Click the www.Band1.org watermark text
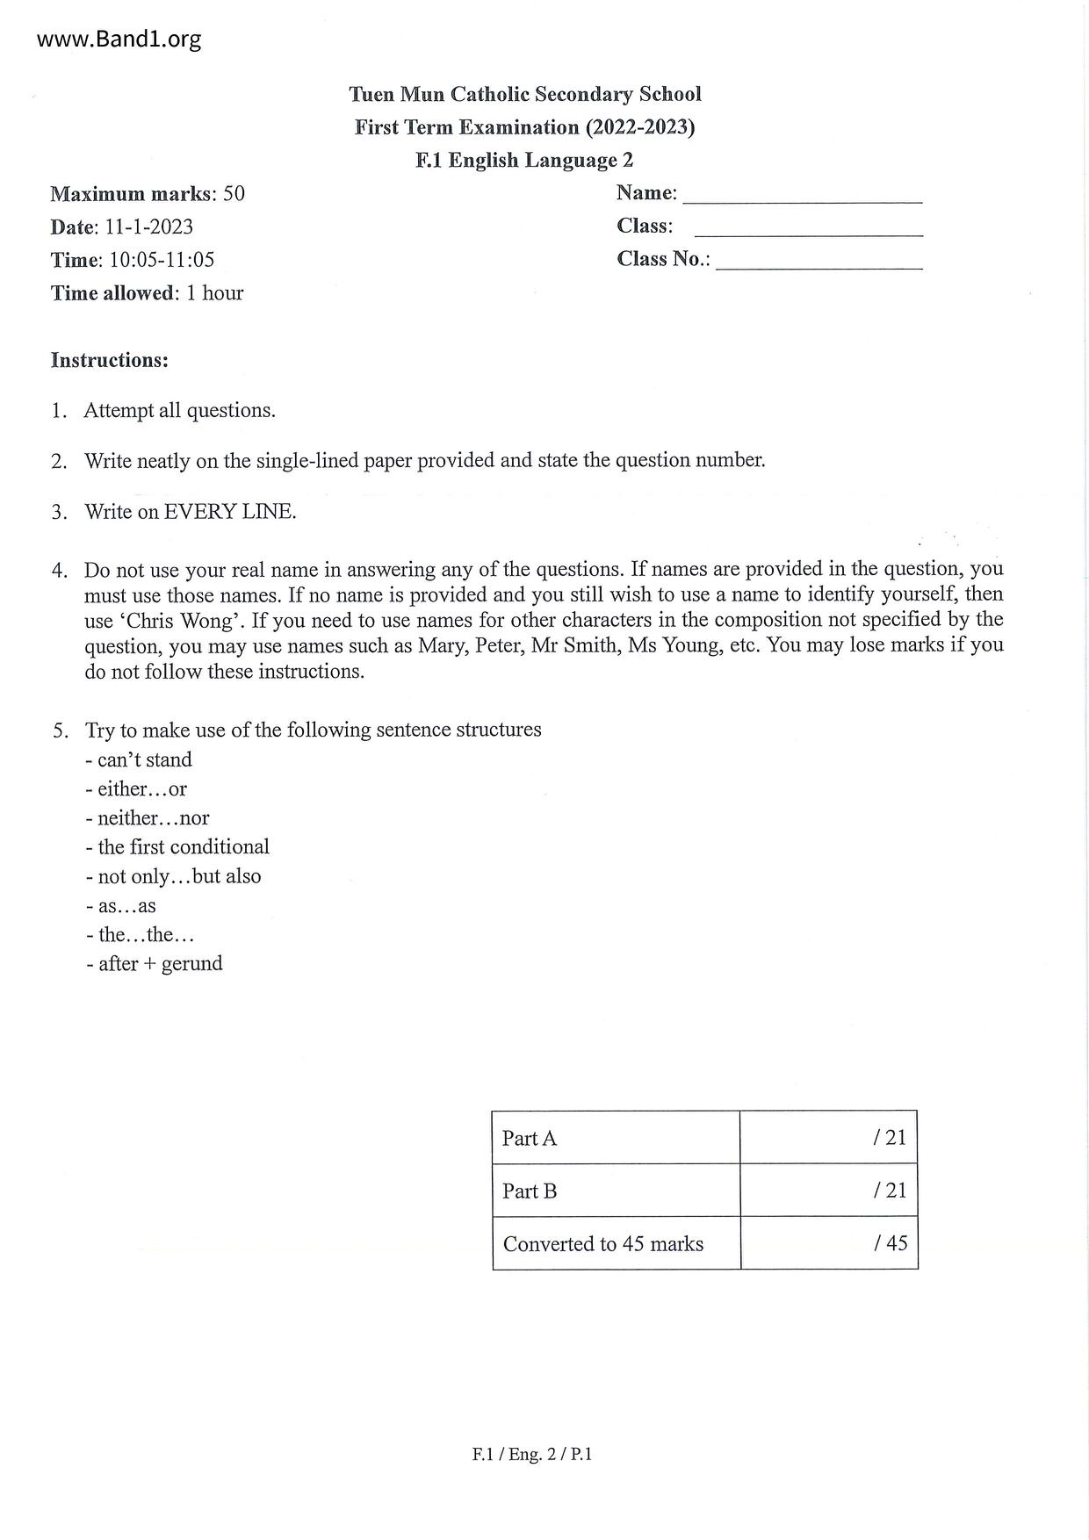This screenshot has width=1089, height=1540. [119, 40]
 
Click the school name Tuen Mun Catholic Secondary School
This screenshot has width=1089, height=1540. [524, 94]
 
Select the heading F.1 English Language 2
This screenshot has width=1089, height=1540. [524, 160]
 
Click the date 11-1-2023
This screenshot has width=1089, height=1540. [149, 227]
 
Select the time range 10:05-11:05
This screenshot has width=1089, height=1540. [162, 260]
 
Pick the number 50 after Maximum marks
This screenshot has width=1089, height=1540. [234, 193]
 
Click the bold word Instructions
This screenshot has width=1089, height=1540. [109, 360]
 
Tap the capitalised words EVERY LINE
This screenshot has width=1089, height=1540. [230, 512]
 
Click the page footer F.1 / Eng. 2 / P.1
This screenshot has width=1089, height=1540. [532, 1454]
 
